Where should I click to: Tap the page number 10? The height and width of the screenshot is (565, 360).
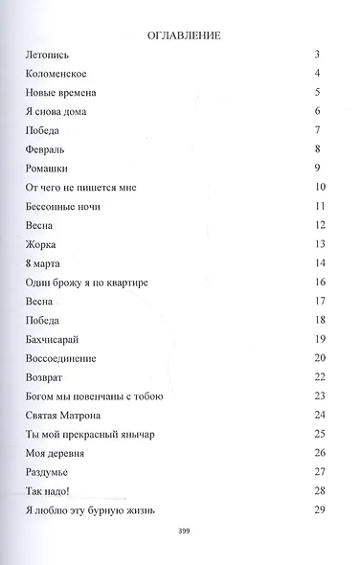pos(320,187)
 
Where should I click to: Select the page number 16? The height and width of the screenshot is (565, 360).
pos(320,282)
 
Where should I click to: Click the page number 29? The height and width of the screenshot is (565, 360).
pos(320,508)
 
